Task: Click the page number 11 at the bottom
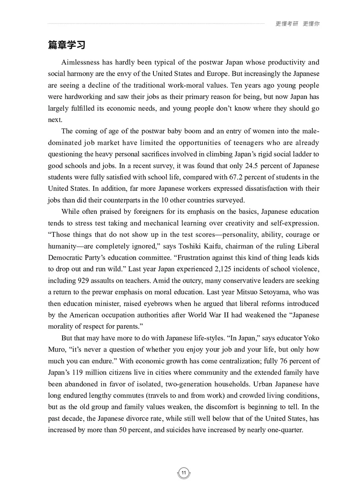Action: pos(184,473)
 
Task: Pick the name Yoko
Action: pos(310,338)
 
